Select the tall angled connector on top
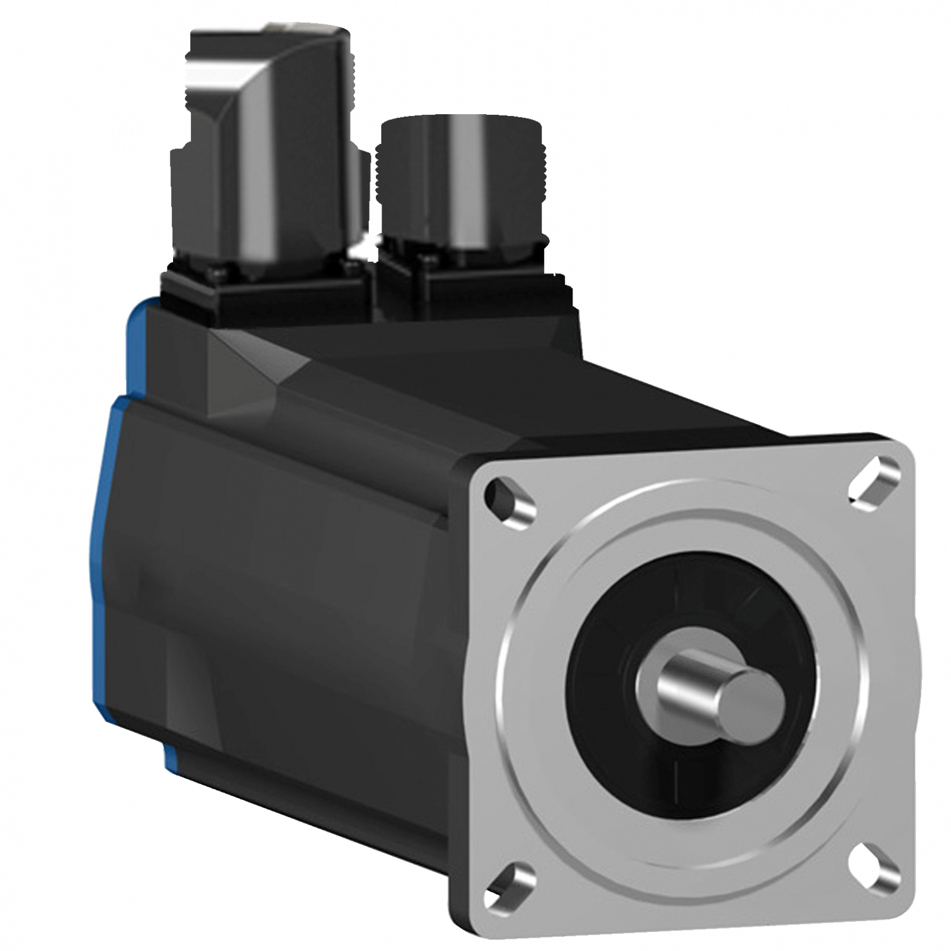266,158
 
